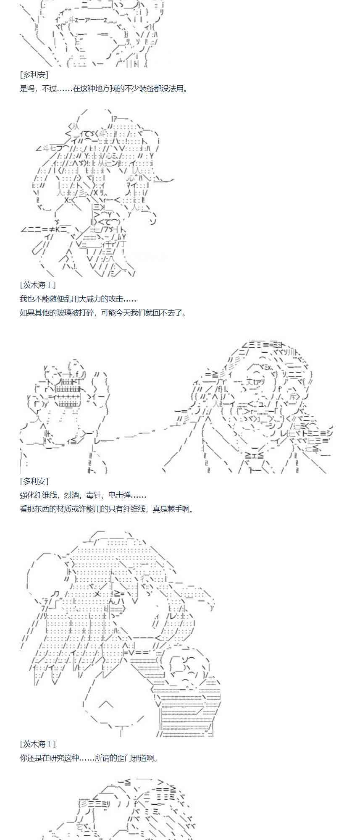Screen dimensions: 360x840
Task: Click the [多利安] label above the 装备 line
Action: click(x=34, y=75)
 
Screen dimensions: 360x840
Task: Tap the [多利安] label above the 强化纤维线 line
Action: click(x=34, y=481)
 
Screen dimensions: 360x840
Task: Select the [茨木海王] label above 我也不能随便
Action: click(x=37, y=285)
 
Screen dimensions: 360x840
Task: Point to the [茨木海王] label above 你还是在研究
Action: click(x=37, y=744)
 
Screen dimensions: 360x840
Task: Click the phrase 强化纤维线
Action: click(x=41, y=495)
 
